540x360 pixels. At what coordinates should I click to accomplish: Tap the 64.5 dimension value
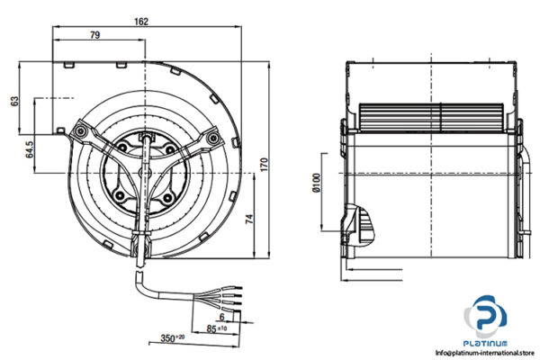[30, 147]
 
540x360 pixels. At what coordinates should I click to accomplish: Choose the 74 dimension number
[251, 217]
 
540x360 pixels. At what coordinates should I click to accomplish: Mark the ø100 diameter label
[316, 184]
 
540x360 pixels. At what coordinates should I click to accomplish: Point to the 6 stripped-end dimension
[222, 316]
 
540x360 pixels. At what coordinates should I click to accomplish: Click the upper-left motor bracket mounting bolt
[82, 132]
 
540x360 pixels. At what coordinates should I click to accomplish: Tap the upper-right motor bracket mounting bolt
[214, 138]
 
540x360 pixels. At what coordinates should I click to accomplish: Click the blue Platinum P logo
[487, 319]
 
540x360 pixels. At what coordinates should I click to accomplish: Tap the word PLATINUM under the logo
[487, 344]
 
